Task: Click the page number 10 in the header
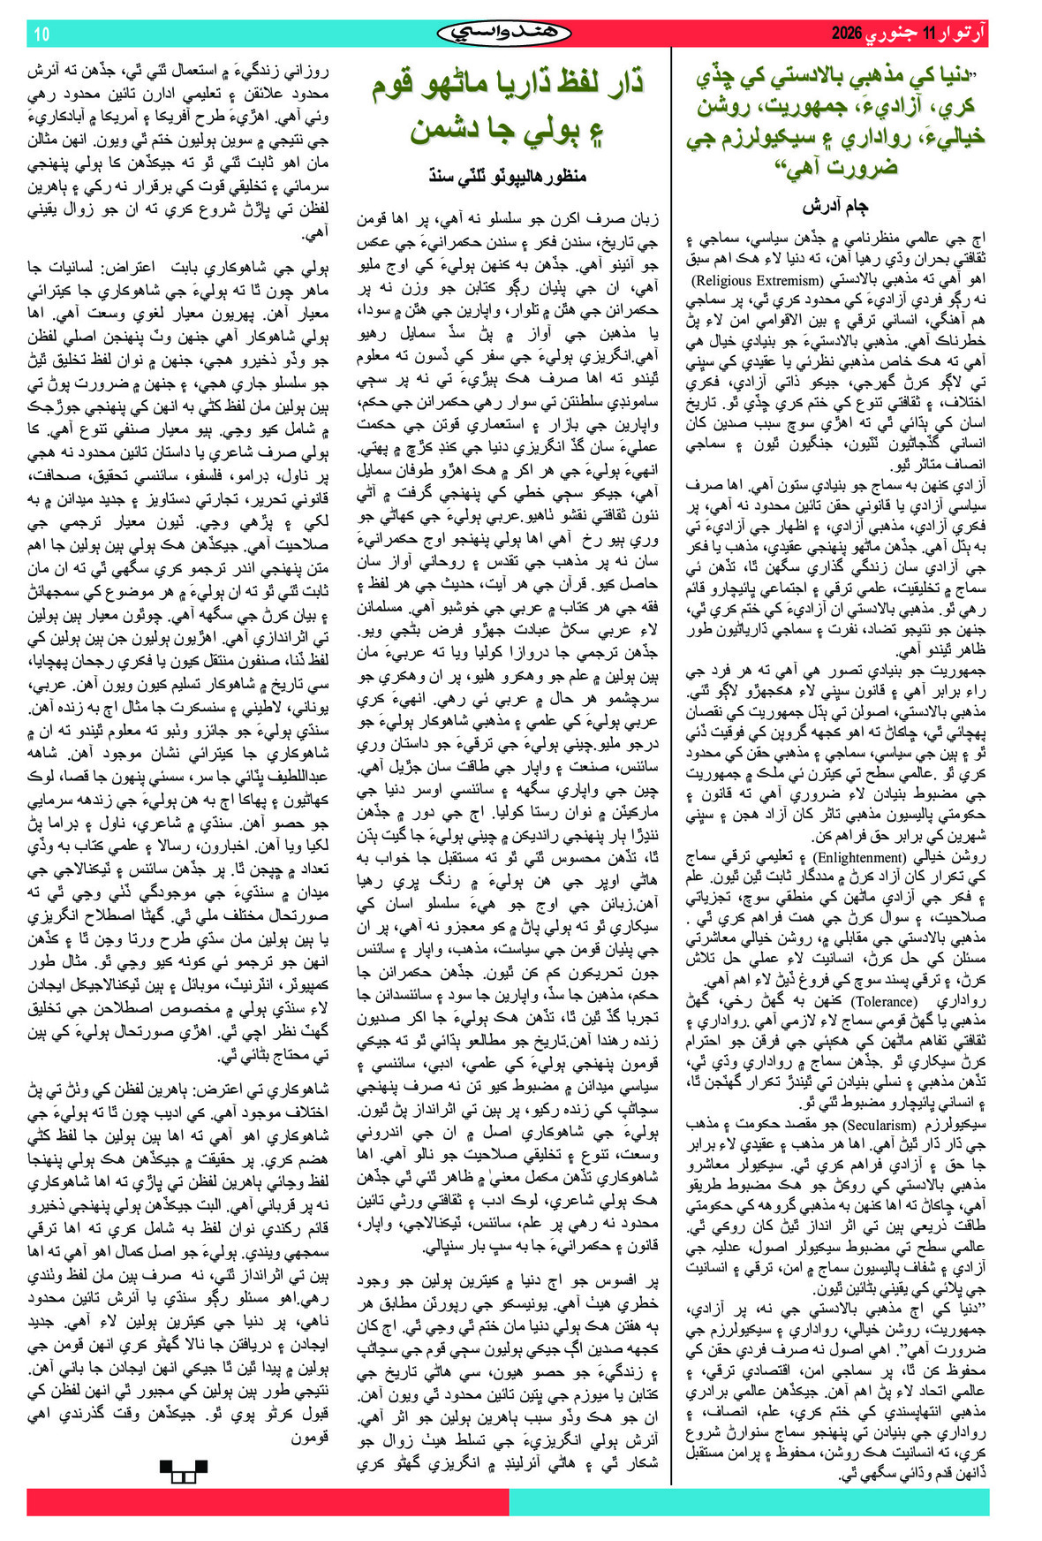[x=42, y=35]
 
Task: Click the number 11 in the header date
[x=928, y=35]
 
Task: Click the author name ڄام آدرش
[x=835, y=207]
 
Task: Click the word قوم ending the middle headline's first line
[x=403, y=84]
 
